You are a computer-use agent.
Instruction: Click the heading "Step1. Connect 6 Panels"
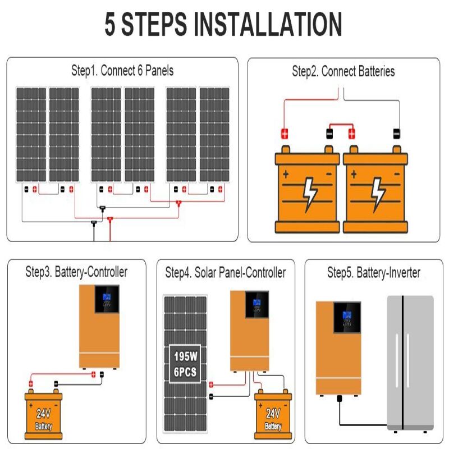coord(122,71)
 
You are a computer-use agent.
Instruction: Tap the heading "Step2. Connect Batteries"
coord(343,71)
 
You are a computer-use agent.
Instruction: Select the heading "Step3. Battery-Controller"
coord(76,272)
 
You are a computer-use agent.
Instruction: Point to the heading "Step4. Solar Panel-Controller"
coord(225,273)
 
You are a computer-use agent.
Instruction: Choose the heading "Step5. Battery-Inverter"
coord(373,273)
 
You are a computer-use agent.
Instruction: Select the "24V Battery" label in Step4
coord(273,419)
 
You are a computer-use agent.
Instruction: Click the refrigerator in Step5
coord(410,362)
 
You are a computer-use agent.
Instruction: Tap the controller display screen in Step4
coord(256,304)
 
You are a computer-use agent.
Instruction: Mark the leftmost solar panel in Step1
coord(31,134)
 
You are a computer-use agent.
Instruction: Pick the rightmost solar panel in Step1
coord(214,134)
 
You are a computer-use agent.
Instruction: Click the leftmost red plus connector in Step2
coord(285,134)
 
